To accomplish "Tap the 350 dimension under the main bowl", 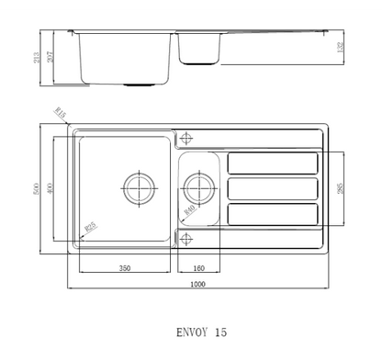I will coord(124,268).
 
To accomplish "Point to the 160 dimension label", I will coord(199,268).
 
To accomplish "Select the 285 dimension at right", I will coord(341,189).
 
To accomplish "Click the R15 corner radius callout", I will coord(61,113).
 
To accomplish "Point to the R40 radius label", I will coord(189,210).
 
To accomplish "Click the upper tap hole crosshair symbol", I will coord(187,138).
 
